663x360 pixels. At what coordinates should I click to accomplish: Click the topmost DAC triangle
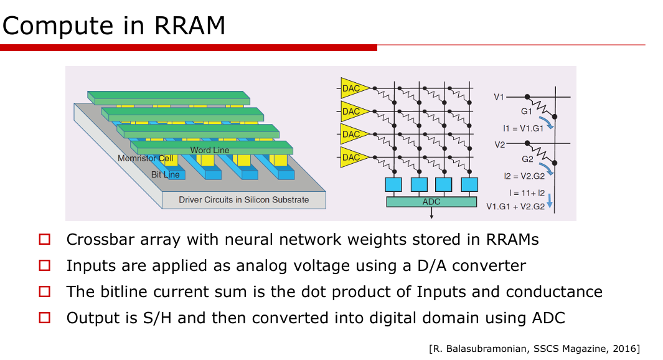click(354, 88)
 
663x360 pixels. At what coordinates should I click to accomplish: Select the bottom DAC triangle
click(354, 158)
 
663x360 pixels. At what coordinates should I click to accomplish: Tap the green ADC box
click(431, 202)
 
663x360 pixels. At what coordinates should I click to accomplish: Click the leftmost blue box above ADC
click(393, 185)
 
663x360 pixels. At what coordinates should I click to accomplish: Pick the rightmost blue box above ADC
click(469, 185)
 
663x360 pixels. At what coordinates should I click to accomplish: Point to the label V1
click(499, 97)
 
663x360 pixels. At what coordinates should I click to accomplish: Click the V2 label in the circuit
click(500, 144)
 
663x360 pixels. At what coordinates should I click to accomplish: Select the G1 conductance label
click(527, 111)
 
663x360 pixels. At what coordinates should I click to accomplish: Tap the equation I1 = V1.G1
click(523, 128)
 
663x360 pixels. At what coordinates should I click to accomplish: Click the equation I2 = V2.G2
click(524, 176)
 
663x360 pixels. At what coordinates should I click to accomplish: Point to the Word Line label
click(210, 150)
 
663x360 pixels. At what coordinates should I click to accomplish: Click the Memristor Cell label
click(146, 158)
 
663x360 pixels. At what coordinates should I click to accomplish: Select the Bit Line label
click(166, 175)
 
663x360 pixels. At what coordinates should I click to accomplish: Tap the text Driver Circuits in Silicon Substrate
click(243, 200)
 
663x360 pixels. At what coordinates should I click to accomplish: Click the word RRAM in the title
click(189, 26)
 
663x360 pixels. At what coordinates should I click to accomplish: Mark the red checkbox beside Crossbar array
click(44, 239)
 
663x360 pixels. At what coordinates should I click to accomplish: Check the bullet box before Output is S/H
click(44, 318)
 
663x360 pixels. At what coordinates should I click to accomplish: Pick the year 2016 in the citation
click(626, 349)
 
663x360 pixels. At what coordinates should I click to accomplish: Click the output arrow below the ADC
click(431, 213)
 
